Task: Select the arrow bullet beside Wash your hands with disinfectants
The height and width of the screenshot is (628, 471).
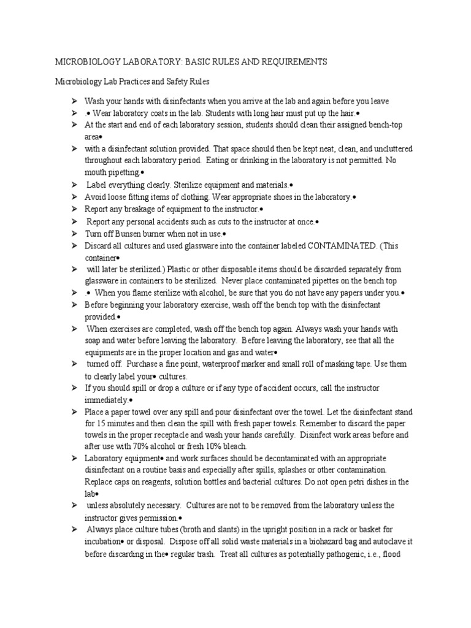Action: pos(73,101)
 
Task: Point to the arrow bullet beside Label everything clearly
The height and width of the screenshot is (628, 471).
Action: pos(73,185)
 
